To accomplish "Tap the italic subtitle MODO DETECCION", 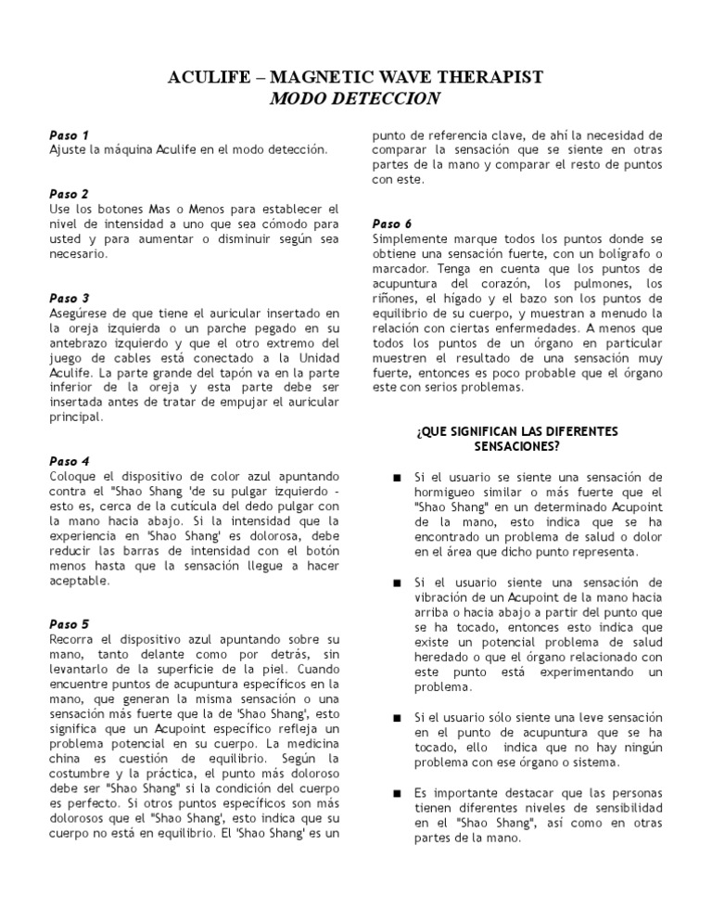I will (x=356, y=98).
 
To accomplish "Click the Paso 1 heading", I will (x=69, y=134).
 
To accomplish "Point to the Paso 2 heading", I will (x=69, y=194).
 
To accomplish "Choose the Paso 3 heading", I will (x=69, y=298).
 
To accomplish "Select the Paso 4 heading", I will (x=69, y=461).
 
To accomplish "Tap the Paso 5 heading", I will (x=69, y=624).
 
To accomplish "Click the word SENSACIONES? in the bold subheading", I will (x=517, y=446).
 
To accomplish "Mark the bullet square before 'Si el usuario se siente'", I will (x=396, y=478).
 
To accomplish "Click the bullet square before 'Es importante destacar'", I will (x=396, y=793).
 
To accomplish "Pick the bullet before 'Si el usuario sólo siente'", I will (x=396, y=719).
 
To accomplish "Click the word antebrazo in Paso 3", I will (x=78, y=343).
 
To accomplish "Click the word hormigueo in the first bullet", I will (x=450, y=492).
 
